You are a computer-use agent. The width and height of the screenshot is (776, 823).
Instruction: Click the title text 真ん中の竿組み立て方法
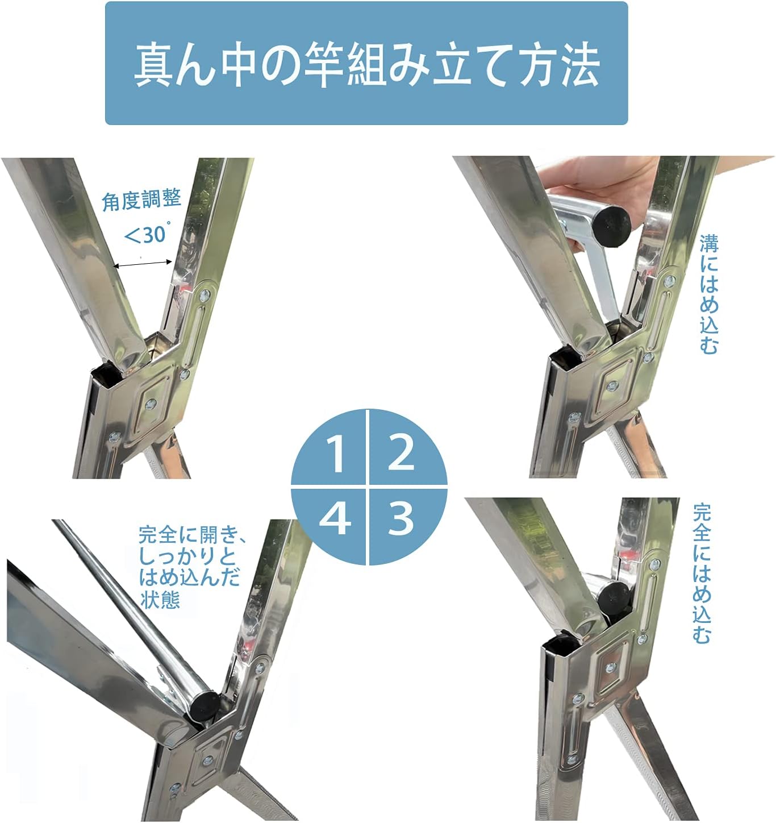[366, 64]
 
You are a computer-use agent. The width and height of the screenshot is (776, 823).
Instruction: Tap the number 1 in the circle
[336, 454]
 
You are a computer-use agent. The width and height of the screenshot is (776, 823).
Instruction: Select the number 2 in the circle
[401, 451]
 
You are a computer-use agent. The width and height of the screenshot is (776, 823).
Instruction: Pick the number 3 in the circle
[400, 518]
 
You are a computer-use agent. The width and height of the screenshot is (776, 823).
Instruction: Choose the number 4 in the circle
[335, 518]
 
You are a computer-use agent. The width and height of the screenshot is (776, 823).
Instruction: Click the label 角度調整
[141, 200]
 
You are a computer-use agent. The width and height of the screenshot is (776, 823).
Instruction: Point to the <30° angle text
[145, 234]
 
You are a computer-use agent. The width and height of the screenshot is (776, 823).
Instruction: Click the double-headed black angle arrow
[143, 263]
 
